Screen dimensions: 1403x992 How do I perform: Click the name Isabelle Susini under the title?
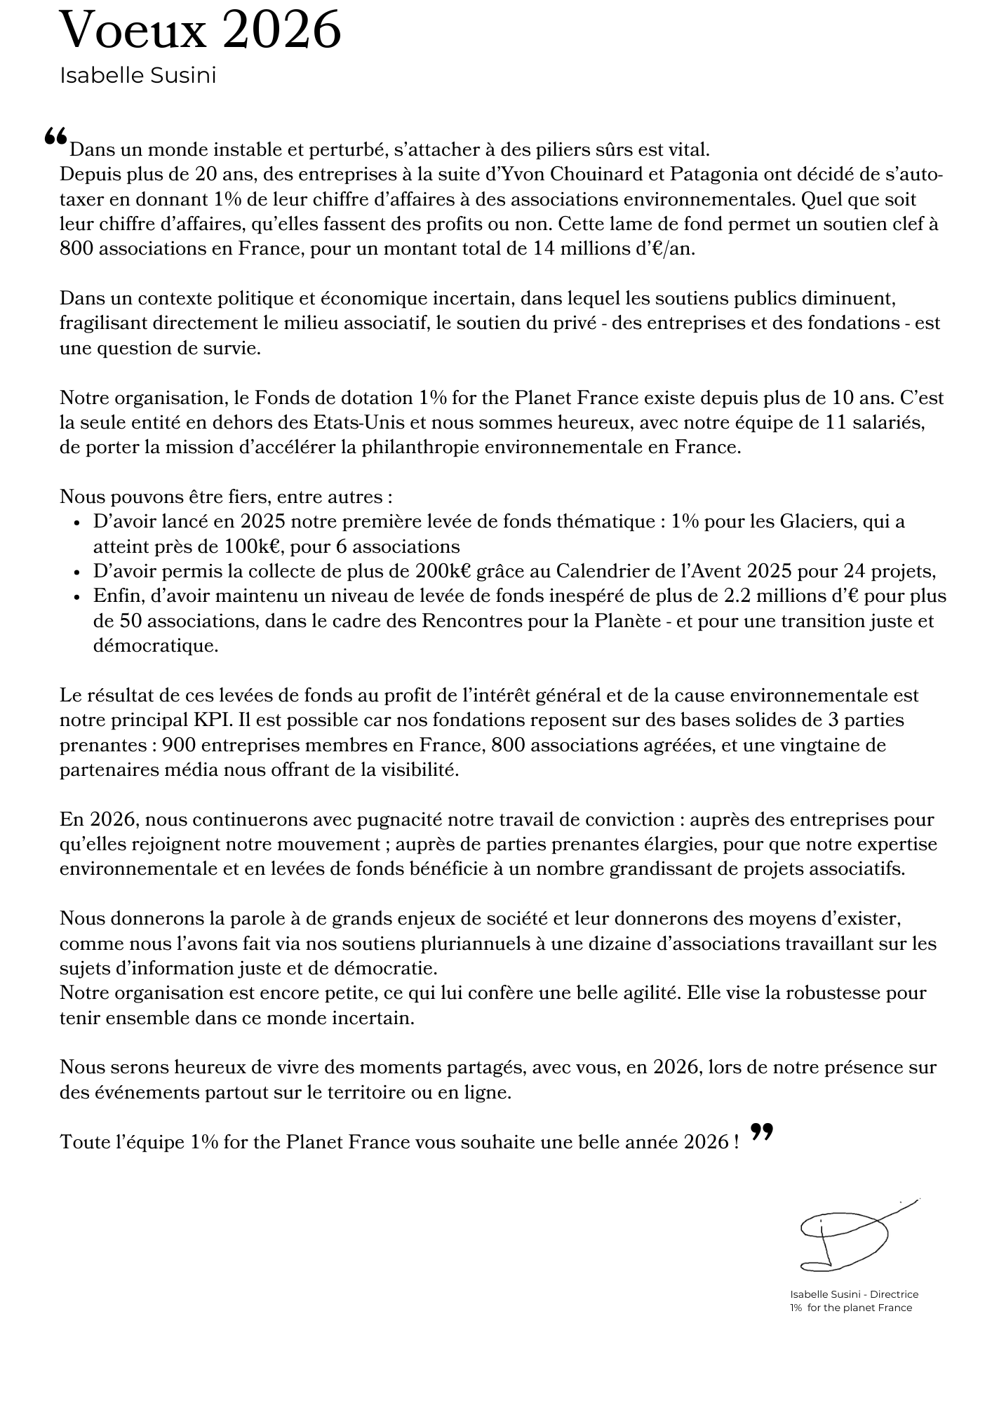[138, 76]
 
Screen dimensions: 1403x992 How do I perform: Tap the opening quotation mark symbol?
[55, 137]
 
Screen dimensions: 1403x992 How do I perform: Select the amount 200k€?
[443, 571]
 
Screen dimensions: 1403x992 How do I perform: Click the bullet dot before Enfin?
[77, 597]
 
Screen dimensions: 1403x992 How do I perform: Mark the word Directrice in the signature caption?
[894, 1294]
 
